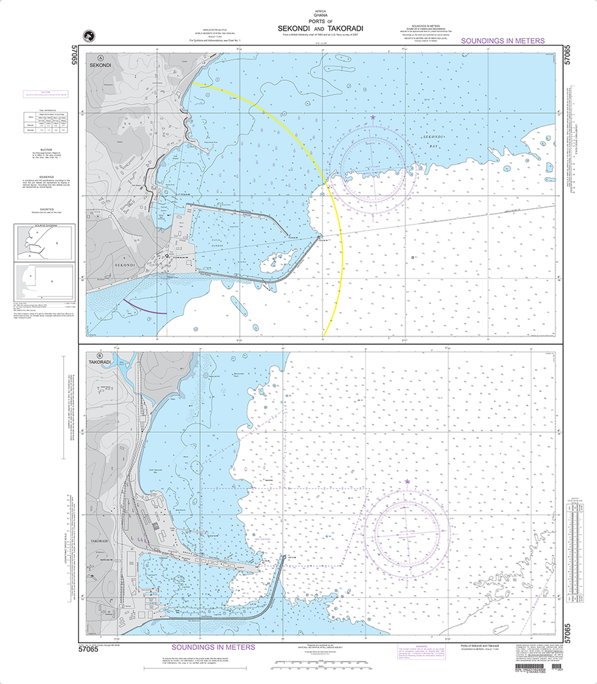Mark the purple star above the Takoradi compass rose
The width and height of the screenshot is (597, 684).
pos(407,481)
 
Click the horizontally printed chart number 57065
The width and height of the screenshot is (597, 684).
pos(91,648)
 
